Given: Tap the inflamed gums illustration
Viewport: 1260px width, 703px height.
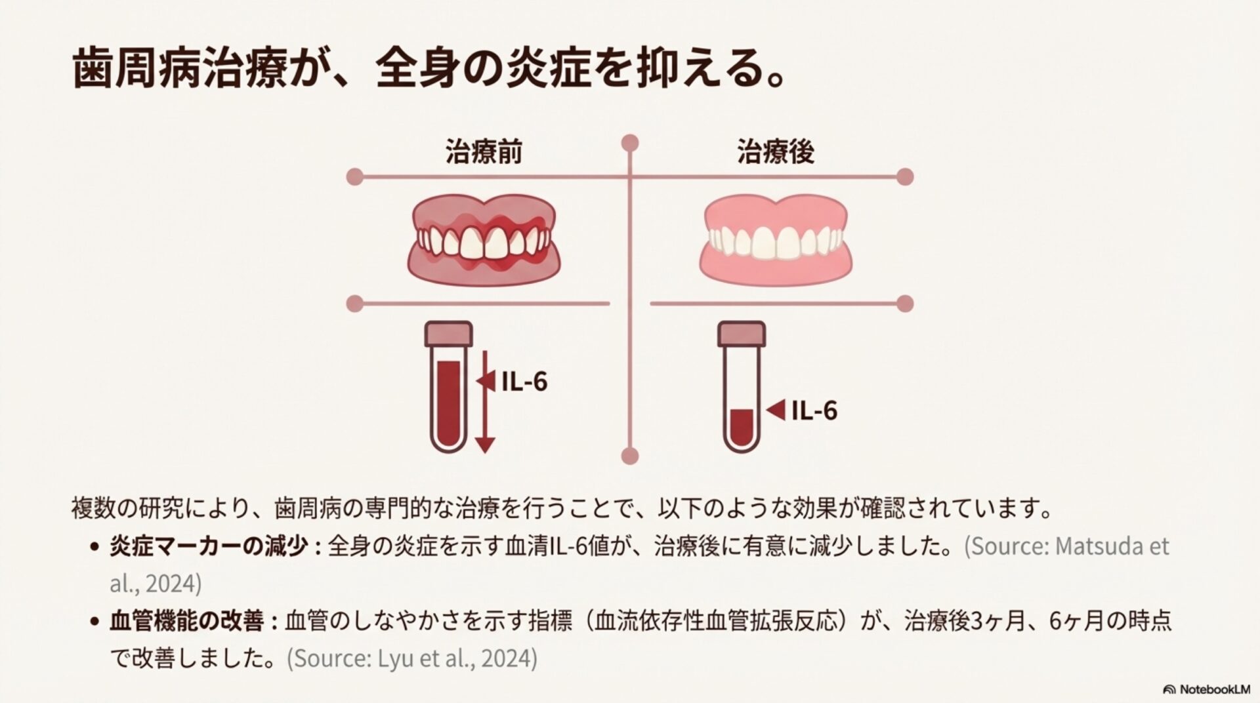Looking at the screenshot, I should point(484,239).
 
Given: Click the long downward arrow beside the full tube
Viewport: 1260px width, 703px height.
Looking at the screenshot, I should point(485,403).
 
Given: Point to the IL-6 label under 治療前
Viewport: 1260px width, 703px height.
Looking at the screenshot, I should point(524,382).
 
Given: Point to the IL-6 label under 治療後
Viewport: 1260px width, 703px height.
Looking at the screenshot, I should point(814,411).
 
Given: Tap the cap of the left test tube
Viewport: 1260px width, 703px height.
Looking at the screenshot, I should point(449,334).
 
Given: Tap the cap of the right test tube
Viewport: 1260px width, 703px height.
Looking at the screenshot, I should point(742,334).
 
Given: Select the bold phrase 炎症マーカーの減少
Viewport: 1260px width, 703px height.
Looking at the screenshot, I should point(208,546).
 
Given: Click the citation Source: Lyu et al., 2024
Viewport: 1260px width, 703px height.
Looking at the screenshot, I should point(412,658).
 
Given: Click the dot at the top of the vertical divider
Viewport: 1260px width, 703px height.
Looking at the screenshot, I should point(630,143).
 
